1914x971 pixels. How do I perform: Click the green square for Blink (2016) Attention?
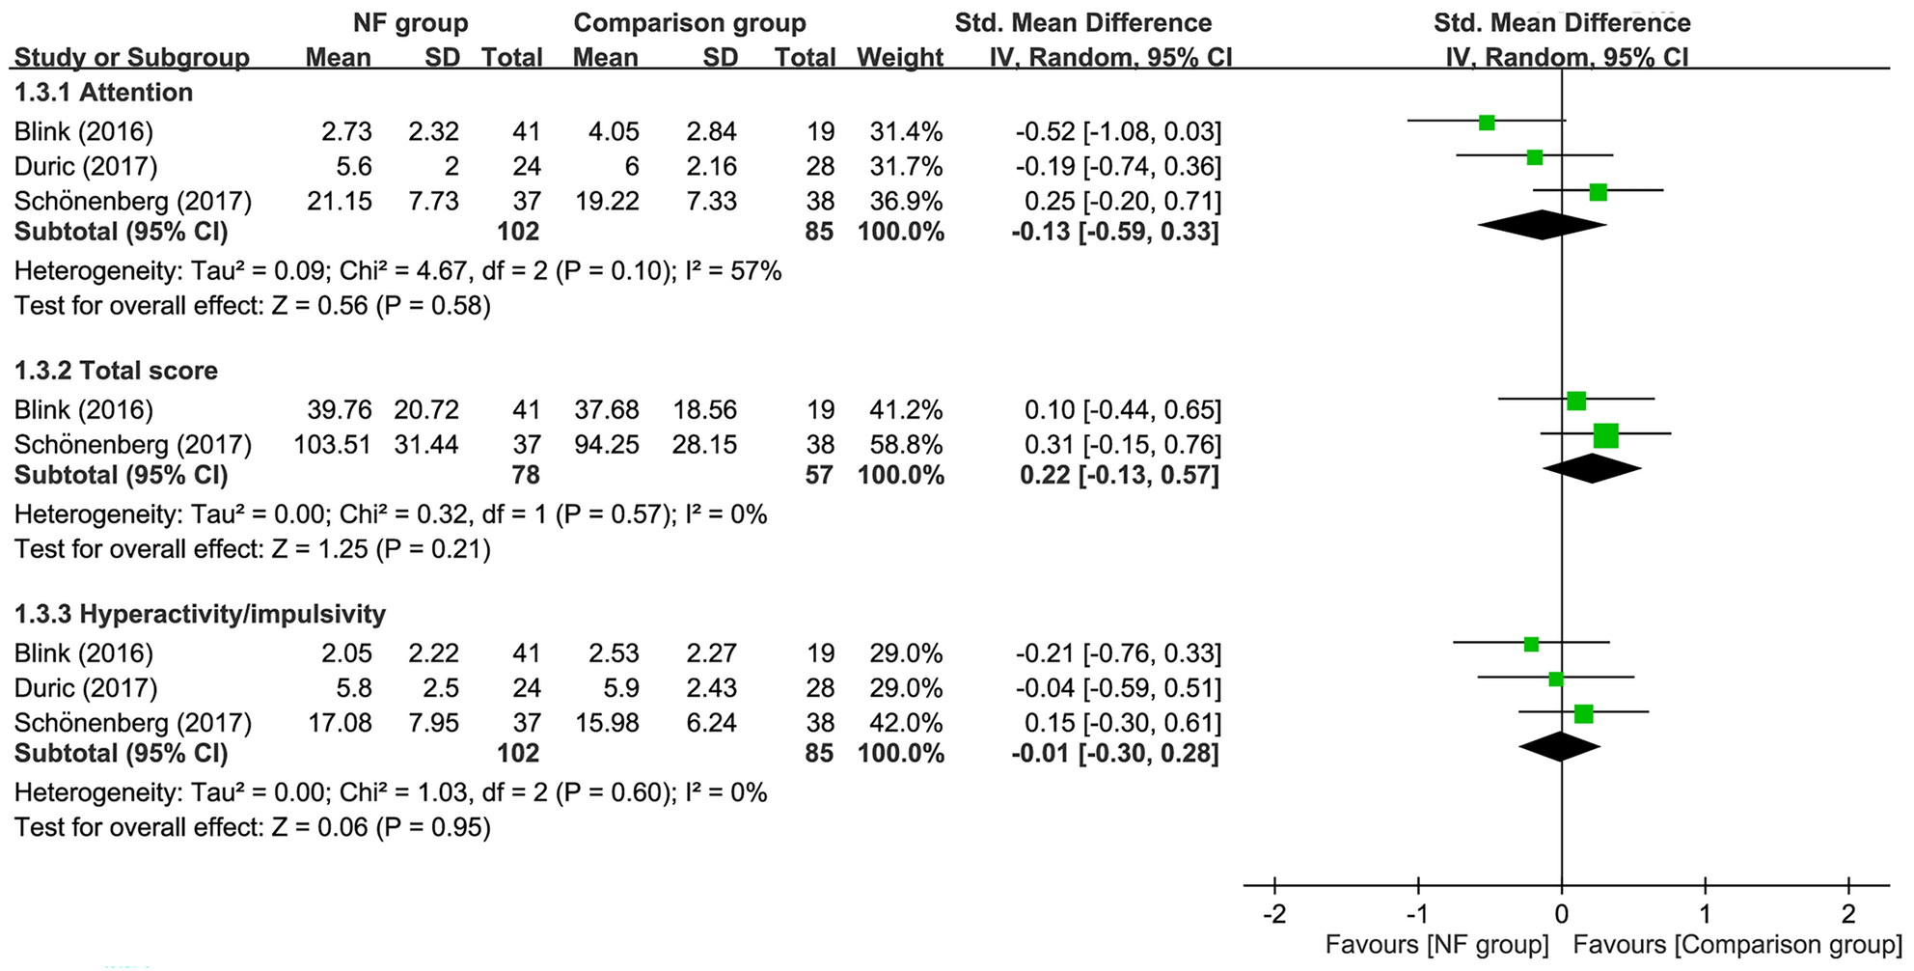click(1487, 123)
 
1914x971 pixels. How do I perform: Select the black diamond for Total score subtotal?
click(1592, 468)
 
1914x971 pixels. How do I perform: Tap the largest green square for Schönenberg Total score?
click(1605, 436)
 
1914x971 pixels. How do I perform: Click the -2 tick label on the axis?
click(1273, 914)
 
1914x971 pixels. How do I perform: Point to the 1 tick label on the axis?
click(1705, 914)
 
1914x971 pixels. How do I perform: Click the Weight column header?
click(899, 58)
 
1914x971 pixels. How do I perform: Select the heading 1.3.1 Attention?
click(103, 93)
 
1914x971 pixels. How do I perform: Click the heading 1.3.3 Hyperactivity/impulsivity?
click(200, 614)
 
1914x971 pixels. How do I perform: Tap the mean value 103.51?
click(333, 445)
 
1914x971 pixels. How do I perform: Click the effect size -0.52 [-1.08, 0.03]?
click(1117, 132)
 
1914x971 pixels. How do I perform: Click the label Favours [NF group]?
click(1436, 944)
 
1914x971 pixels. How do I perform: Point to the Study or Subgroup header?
click(131, 58)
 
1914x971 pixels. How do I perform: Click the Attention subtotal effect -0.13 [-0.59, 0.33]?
click(1114, 232)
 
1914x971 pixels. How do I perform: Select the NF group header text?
click(410, 23)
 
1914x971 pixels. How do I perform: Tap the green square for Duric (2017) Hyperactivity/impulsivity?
click(1555, 680)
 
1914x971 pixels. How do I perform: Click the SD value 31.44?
click(426, 445)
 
